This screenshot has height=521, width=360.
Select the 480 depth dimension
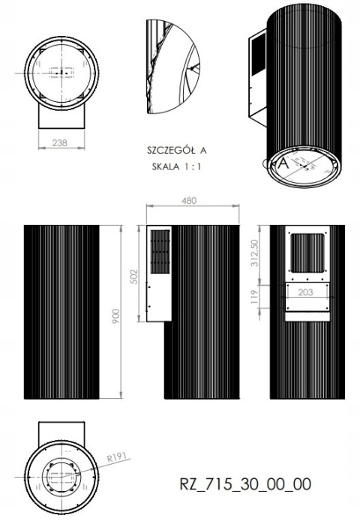190,200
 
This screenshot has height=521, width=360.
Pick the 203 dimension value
304,292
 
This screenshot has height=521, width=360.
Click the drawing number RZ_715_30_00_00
245,484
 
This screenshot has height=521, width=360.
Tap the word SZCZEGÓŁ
169,151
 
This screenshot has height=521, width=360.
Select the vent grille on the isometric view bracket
255,55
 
